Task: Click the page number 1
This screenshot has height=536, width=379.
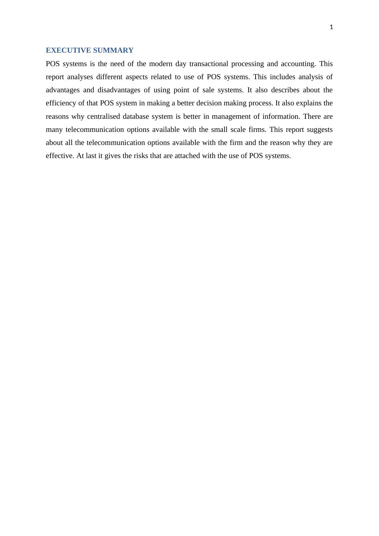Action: tap(331, 27)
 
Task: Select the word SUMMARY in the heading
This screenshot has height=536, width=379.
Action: tap(113, 50)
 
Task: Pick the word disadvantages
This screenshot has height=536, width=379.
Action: tap(119, 90)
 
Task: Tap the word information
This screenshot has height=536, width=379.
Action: tap(281, 116)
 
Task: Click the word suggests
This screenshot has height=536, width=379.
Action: tap(319, 130)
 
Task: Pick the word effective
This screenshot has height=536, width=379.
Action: tap(60, 156)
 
